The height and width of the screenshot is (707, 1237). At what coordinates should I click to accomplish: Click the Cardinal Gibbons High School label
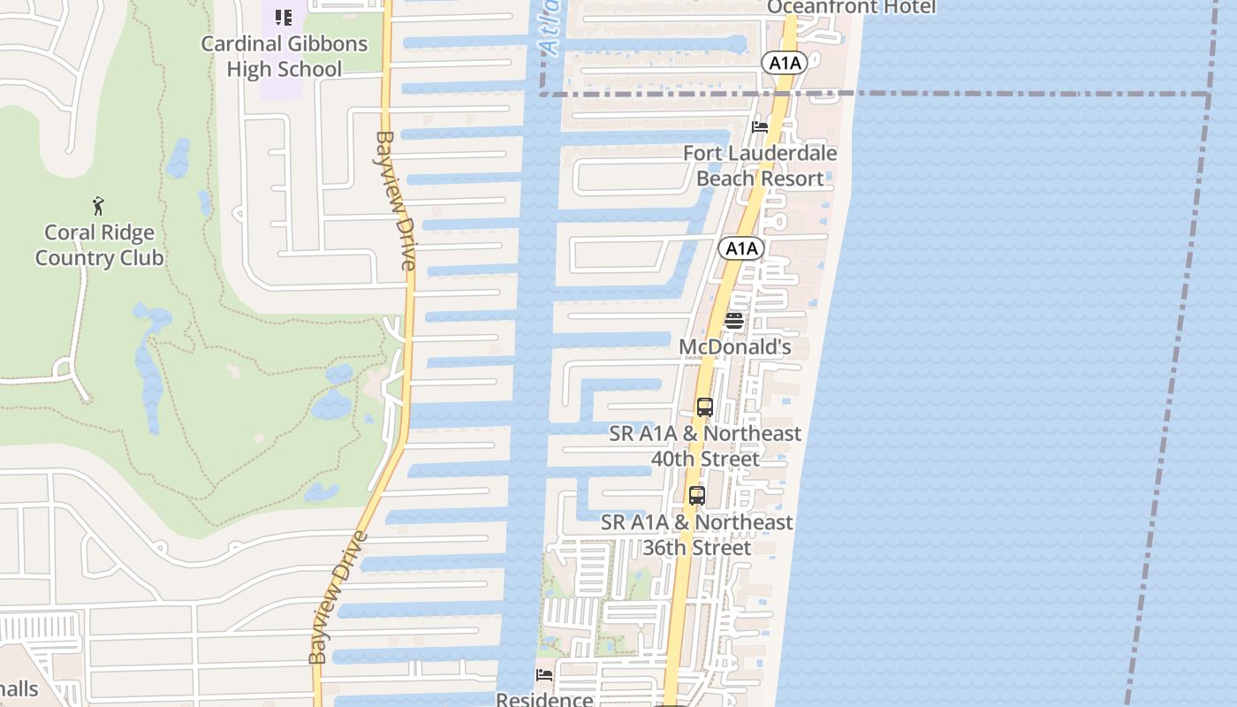[284, 56]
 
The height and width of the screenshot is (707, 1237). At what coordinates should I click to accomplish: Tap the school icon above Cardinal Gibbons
[283, 17]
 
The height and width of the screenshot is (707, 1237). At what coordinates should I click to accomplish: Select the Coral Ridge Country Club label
[100, 246]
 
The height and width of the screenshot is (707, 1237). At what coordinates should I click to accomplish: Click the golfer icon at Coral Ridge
[99, 207]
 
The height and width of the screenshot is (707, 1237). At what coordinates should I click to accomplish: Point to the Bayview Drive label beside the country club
[396, 201]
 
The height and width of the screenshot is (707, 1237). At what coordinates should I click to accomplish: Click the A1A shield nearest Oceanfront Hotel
[785, 63]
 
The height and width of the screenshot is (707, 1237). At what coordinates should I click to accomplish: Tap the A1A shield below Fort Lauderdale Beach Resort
[740, 248]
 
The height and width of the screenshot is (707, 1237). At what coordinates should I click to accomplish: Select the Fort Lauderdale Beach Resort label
[760, 165]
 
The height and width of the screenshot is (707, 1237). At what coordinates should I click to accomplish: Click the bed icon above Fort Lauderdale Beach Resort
[759, 127]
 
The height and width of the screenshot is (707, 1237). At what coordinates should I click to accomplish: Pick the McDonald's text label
[734, 347]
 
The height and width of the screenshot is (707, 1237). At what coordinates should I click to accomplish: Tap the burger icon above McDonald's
[734, 321]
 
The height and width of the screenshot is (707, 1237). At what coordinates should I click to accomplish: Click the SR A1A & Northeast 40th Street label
[705, 446]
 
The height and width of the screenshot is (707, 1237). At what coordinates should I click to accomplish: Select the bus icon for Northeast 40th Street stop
[704, 407]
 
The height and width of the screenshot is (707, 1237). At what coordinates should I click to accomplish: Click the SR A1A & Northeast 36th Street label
[697, 535]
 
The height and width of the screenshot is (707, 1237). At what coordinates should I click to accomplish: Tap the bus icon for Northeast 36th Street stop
[697, 496]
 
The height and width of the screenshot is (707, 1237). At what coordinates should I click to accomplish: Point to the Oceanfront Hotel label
[851, 7]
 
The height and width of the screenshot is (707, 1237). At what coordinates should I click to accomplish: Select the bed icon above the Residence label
[544, 675]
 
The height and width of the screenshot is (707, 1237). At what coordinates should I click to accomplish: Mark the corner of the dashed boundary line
[1209, 94]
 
